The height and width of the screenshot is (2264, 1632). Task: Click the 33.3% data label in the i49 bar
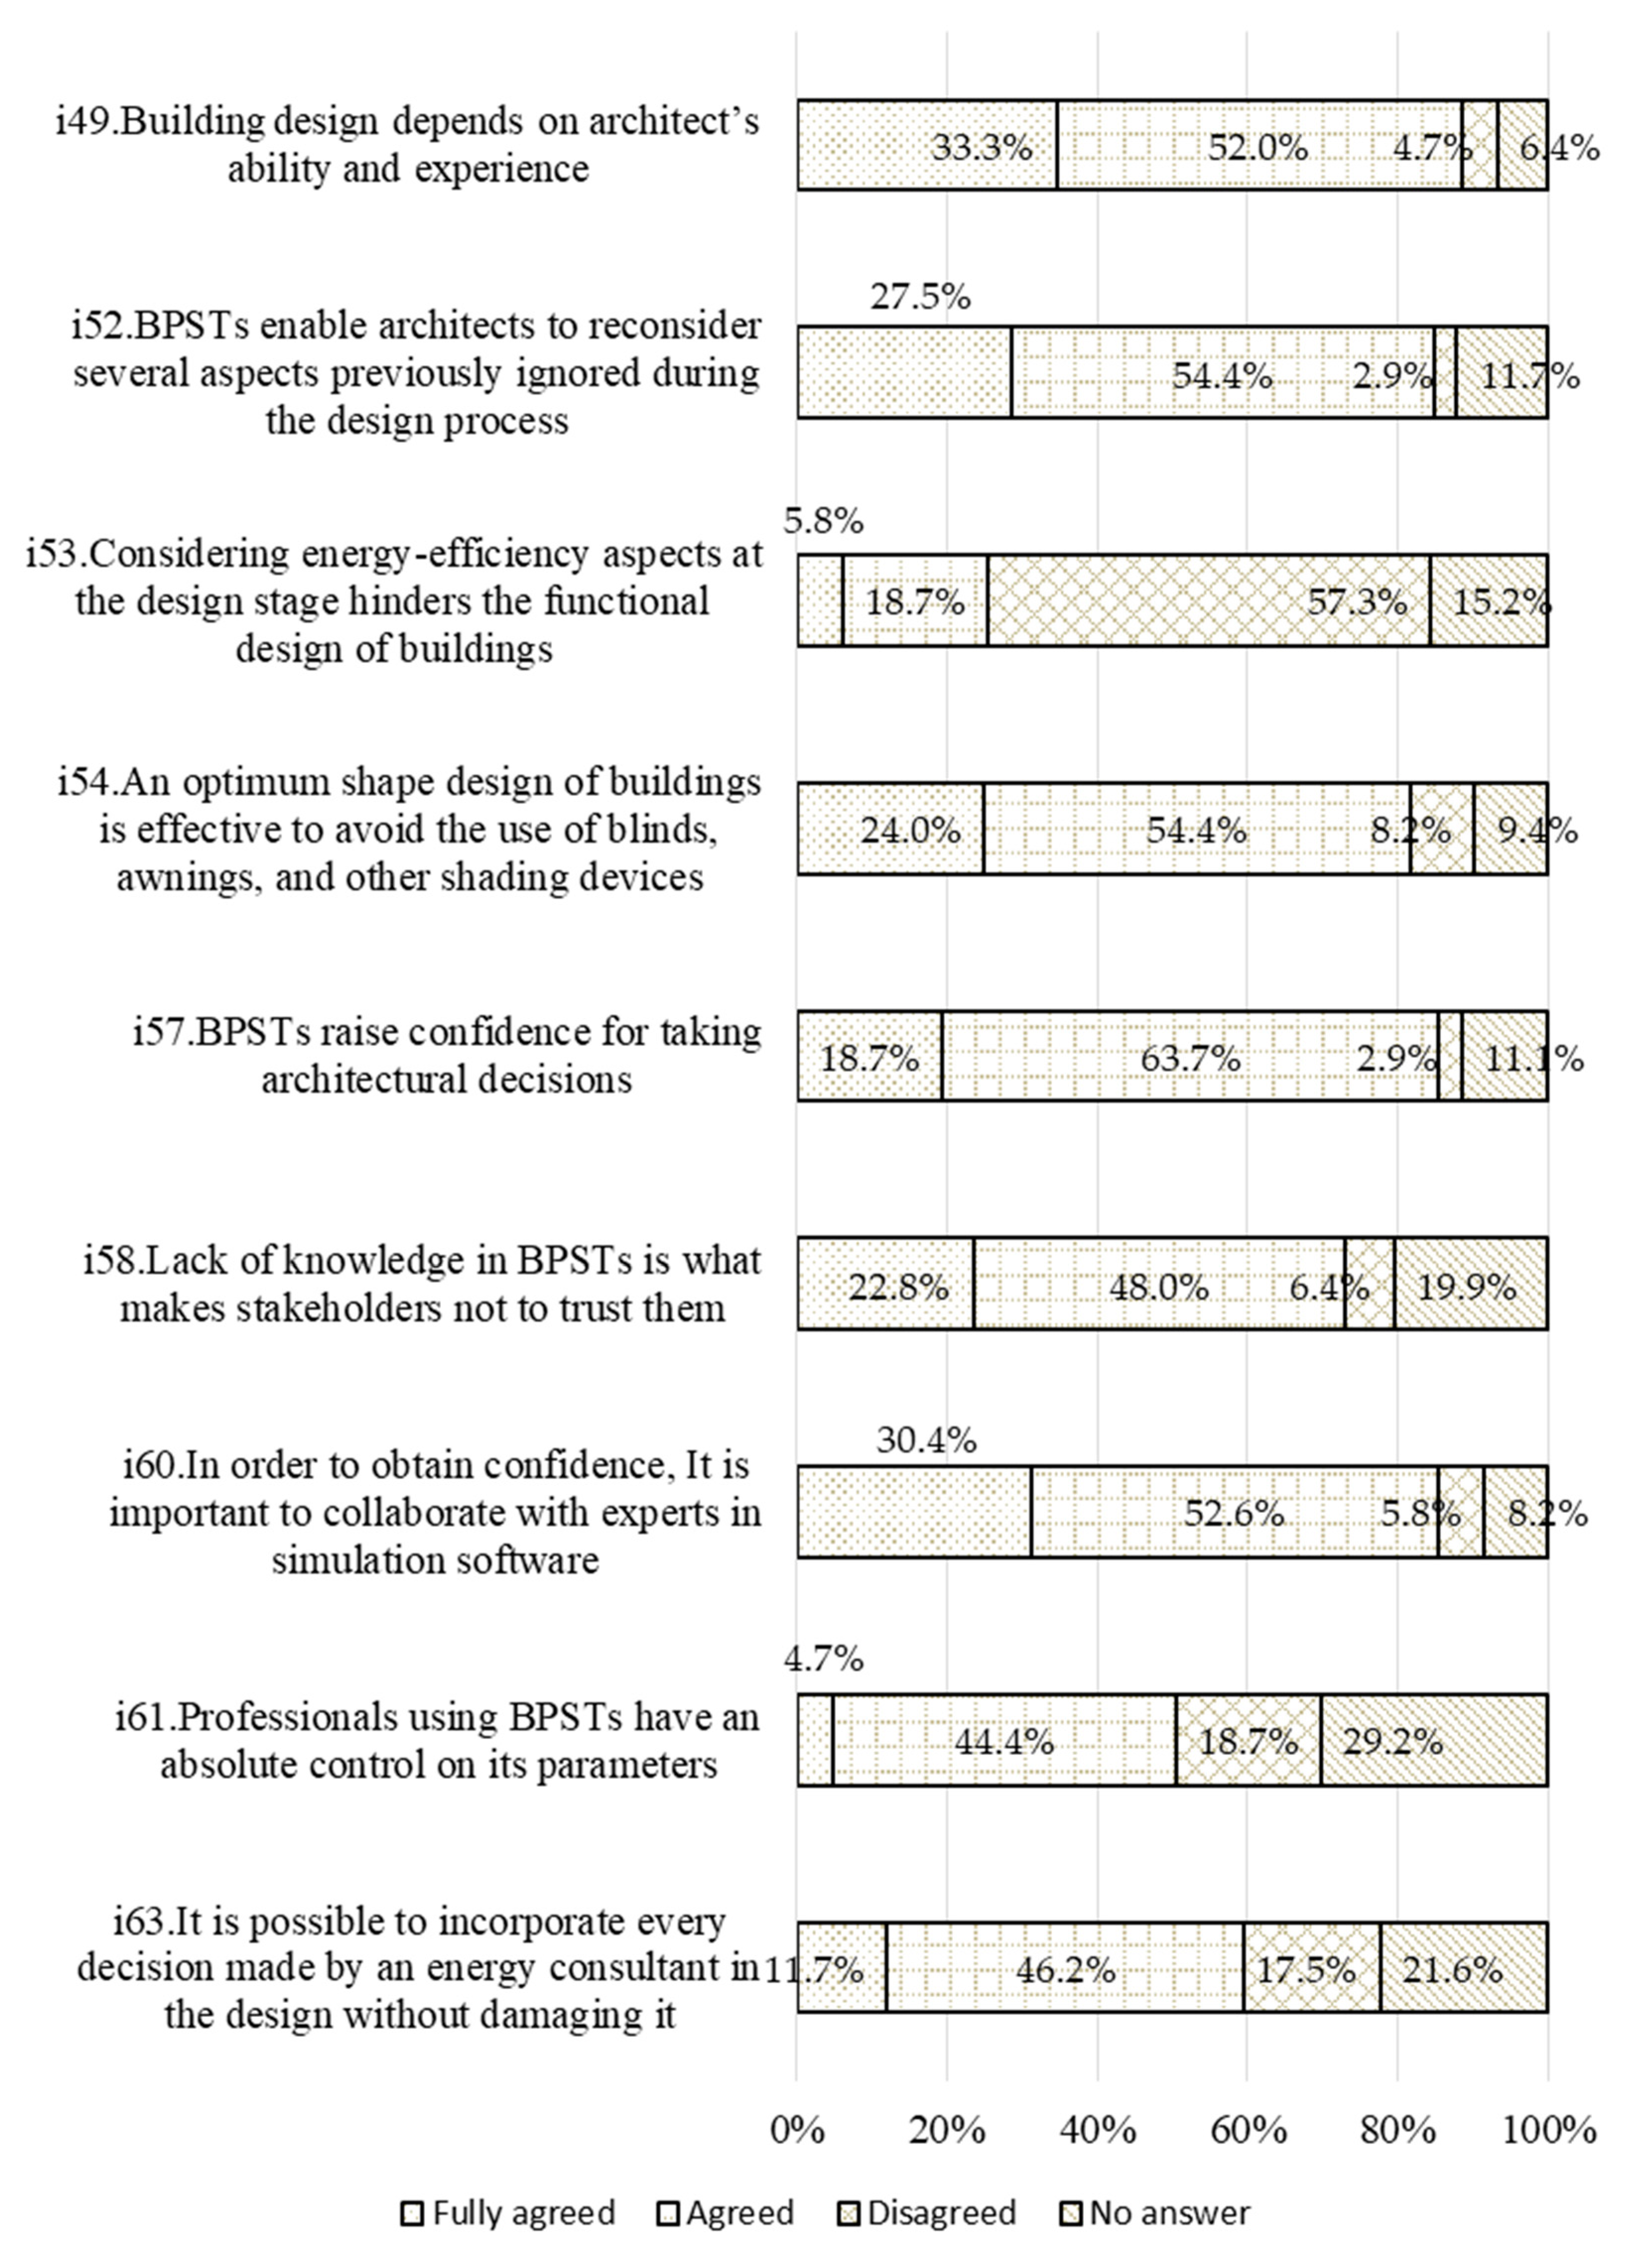point(981,148)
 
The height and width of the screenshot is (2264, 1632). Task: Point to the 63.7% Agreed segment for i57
point(1190,1056)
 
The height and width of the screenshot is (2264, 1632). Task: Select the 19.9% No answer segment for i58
point(1470,1285)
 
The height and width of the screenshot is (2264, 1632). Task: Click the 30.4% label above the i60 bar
point(926,1440)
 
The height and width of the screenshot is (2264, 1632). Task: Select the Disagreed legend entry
point(926,2213)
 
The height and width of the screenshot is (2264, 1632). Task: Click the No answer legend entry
point(1155,2213)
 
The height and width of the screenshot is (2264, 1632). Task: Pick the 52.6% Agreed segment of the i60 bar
point(1234,1512)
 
